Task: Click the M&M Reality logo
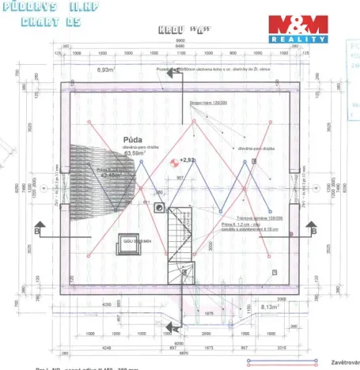(297, 28)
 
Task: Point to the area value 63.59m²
(136, 153)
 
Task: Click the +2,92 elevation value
(188, 160)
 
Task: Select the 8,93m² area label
(105, 70)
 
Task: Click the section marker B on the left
(37, 230)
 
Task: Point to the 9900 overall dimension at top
(180, 40)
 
